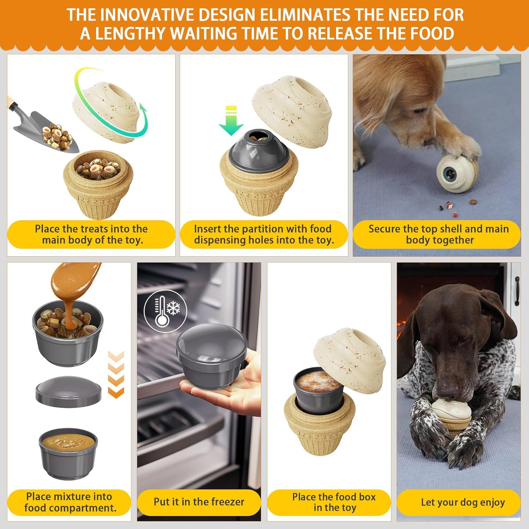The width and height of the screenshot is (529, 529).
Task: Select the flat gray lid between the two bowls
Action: point(69,391)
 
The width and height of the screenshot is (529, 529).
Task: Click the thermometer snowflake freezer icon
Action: point(165,310)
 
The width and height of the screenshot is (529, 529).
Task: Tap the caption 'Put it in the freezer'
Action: point(199,502)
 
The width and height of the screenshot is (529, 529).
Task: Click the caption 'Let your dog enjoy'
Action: point(463,502)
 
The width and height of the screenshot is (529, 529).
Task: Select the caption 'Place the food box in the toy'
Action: point(334,502)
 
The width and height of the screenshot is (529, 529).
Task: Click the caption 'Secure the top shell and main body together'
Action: point(438,234)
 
